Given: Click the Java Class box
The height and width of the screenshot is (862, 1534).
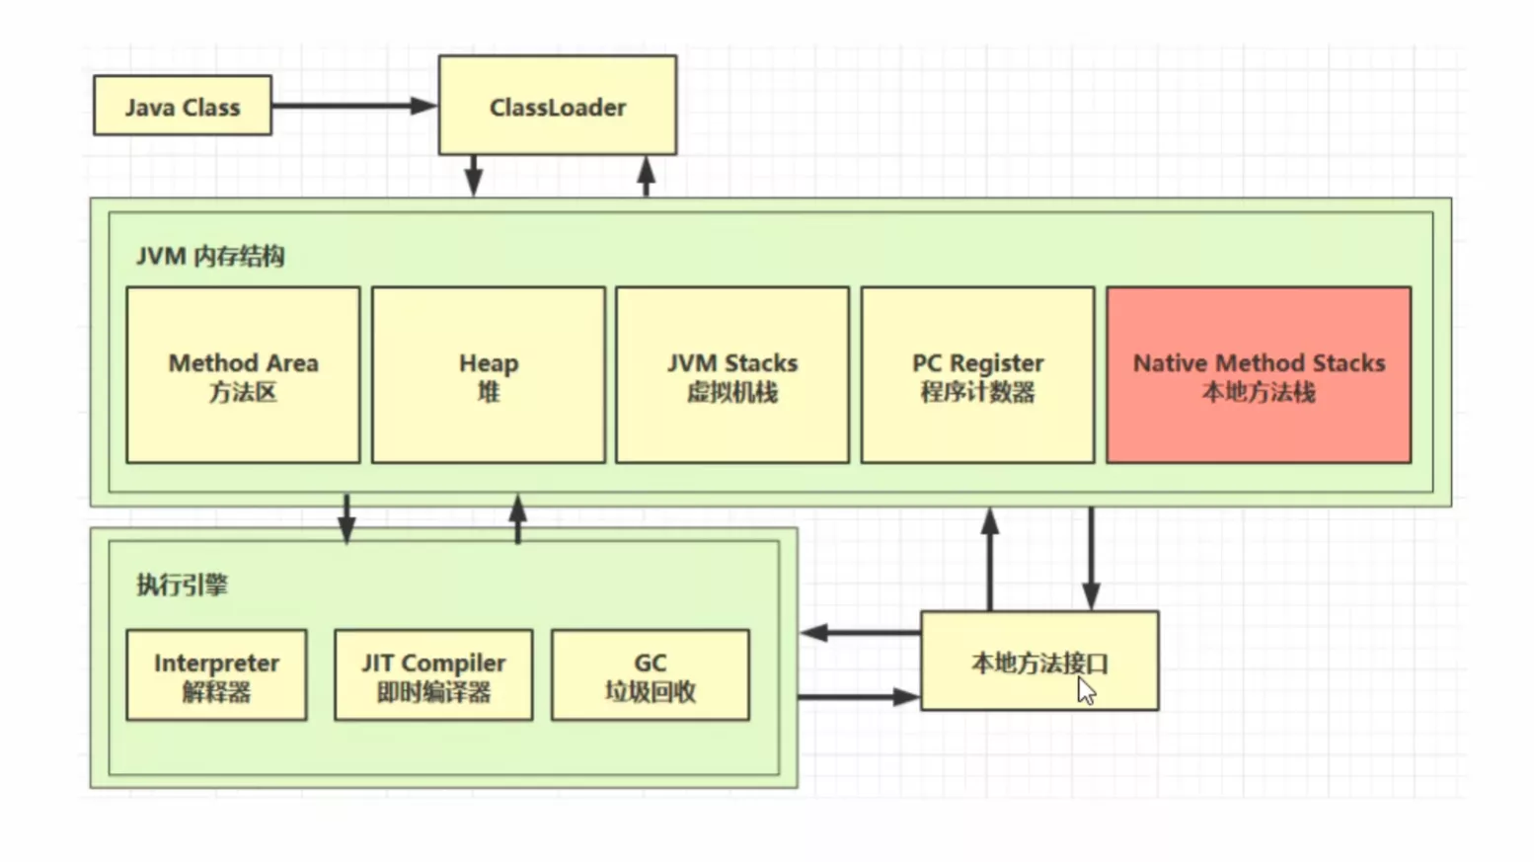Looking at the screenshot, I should [x=183, y=106].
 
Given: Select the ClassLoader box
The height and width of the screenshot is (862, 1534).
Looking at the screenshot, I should [x=557, y=106].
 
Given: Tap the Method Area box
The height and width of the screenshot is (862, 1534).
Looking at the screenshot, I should [x=243, y=375].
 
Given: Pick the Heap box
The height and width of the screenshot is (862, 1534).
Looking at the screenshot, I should [x=488, y=375].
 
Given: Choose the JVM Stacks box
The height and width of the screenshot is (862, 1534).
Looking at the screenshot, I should [x=731, y=375].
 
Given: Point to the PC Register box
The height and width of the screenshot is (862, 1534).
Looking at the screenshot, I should [x=977, y=375].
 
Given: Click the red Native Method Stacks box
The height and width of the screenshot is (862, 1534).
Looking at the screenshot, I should [x=1259, y=375].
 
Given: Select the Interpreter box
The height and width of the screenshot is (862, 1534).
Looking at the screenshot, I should [x=216, y=675].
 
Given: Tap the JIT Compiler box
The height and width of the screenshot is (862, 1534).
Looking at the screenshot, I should [x=433, y=675].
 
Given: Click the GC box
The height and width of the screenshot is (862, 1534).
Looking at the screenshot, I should [x=650, y=675].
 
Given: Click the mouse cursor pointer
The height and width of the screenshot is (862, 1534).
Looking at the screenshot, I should [x=1086, y=690].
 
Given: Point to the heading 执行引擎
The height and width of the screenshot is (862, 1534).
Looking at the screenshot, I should [x=182, y=585].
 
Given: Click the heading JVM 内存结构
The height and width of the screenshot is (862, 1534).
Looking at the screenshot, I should [x=210, y=257].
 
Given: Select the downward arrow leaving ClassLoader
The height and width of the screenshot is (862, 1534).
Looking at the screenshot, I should [x=474, y=176].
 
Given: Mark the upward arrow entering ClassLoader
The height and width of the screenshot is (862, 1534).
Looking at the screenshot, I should [x=647, y=176].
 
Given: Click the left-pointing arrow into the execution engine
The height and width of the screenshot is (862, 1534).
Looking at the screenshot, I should [x=859, y=633].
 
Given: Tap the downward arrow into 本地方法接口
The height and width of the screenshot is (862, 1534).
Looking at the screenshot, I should [x=1091, y=559].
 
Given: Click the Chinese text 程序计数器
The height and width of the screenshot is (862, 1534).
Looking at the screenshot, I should [x=977, y=393].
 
